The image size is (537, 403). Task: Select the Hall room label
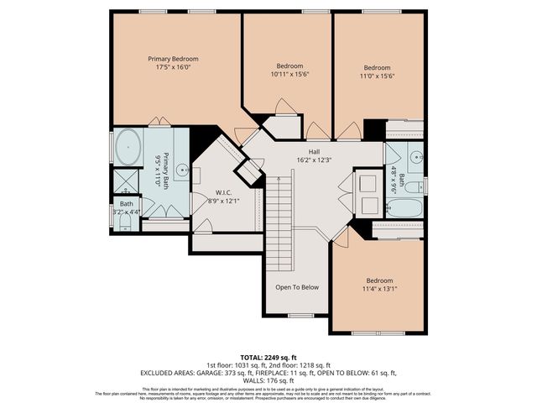coord(315,151)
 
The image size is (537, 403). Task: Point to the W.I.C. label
coord(222,192)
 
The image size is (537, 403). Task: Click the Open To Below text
coord(297,287)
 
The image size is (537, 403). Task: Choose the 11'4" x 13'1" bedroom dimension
coord(379,290)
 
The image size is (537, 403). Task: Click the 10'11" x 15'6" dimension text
coord(289,76)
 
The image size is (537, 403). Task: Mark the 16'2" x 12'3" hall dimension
coord(315,160)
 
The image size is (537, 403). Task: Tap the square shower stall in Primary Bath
coord(127,182)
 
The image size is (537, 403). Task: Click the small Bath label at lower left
coord(126,204)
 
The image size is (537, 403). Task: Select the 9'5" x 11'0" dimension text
coord(157,170)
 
